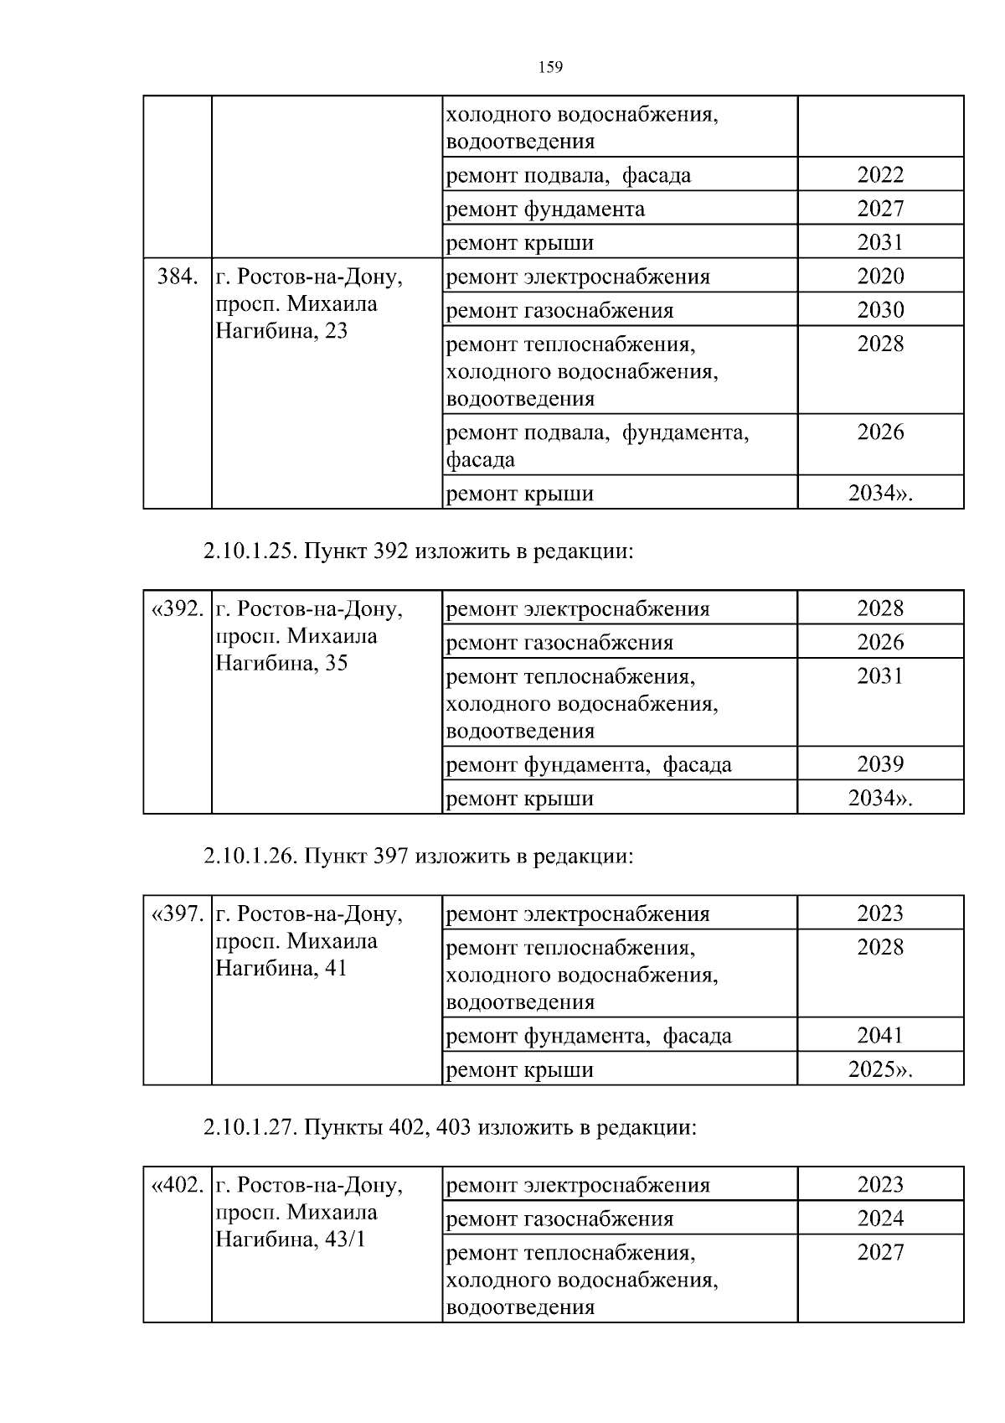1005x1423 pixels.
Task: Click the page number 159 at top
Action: point(549,68)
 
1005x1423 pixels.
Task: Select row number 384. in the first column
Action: point(178,277)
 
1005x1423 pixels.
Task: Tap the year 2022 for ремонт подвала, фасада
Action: point(880,175)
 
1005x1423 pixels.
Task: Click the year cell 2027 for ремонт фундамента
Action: point(880,209)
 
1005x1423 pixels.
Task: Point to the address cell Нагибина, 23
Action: point(281,331)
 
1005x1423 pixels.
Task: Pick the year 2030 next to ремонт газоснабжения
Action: point(880,310)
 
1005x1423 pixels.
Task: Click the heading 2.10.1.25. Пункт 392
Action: point(417,551)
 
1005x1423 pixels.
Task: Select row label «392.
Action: point(178,609)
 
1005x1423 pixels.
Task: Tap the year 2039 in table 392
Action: point(880,764)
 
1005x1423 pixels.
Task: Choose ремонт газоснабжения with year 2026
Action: point(559,643)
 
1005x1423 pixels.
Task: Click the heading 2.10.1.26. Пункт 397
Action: point(417,856)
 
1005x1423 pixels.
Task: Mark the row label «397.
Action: point(178,914)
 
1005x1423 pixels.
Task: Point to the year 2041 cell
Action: point(880,1036)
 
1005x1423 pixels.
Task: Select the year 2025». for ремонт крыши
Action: point(880,1070)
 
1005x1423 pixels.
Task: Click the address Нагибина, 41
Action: point(281,969)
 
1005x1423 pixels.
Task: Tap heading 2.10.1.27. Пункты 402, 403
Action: point(449,1128)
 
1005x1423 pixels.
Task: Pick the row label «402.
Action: point(178,1186)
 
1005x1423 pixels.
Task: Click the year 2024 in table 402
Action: point(880,1219)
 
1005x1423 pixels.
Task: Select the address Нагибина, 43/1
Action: point(291,1239)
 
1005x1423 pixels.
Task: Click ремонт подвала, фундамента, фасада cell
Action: point(596,446)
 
